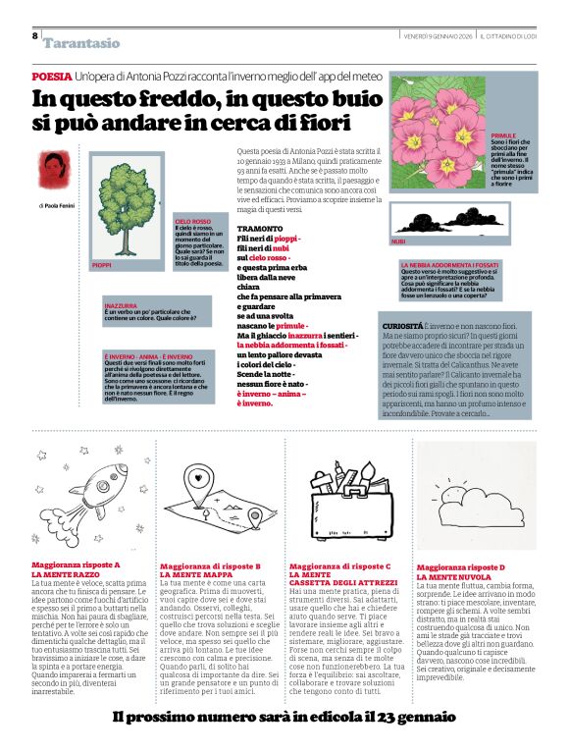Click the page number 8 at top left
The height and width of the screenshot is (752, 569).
(x=35, y=36)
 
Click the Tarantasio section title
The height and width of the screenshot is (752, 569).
(x=81, y=43)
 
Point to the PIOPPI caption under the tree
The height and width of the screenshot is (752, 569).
(x=102, y=265)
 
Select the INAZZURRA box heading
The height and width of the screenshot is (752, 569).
(x=120, y=307)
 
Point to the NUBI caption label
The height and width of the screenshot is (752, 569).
(x=398, y=241)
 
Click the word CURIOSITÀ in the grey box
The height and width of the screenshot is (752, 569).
(x=401, y=325)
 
